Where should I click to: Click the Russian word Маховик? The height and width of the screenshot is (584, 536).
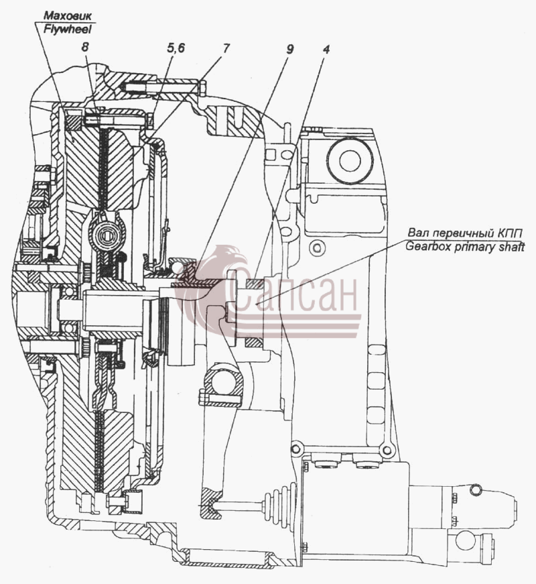(x=68, y=15)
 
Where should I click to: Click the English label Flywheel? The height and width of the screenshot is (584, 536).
(x=68, y=30)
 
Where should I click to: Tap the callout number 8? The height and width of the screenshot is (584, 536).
(x=86, y=48)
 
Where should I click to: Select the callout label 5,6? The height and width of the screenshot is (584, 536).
(x=175, y=48)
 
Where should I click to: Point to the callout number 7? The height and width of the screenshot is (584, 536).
(x=226, y=48)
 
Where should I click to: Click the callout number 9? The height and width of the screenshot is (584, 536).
(x=289, y=49)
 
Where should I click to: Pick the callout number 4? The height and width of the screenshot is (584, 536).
(x=326, y=49)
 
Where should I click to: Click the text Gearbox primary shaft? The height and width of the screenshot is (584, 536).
(x=465, y=247)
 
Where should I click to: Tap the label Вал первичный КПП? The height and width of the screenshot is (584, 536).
(x=465, y=233)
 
